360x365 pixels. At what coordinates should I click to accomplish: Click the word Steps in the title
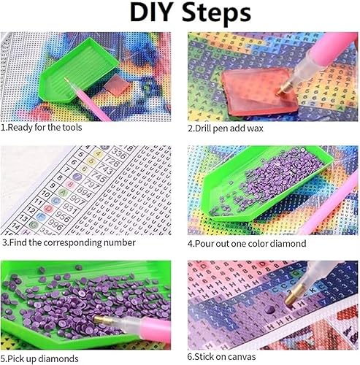[216, 13]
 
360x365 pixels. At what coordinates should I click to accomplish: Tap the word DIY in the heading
[150, 12]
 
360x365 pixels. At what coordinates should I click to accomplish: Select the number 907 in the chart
[77, 200]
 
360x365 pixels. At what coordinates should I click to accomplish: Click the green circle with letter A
[63, 193]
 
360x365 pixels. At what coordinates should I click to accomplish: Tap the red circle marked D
[48, 209]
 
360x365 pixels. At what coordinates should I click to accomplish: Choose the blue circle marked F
[41, 216]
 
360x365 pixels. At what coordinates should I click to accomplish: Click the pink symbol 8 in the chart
[70, 185]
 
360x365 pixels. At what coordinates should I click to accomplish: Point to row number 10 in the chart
[45, 194]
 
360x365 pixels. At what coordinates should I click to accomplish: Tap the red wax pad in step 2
[259, 92]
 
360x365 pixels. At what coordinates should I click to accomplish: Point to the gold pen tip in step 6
[294, 295]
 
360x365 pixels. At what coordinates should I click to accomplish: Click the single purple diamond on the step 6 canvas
[269, 310]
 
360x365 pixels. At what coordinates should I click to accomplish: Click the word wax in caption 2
[256, 128]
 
